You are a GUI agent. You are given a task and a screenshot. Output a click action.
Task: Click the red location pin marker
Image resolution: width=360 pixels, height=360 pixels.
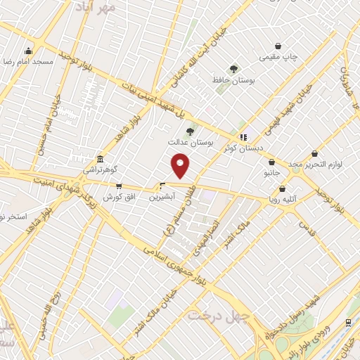point(181,165)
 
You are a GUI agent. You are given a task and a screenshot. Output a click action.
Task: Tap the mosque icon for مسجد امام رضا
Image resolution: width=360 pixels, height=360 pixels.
point(27,51)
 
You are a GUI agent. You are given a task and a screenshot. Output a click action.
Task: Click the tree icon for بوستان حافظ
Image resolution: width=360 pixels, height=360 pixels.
point(233,69)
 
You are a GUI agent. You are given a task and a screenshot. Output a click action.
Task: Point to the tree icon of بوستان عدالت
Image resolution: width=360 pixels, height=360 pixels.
point(189,131)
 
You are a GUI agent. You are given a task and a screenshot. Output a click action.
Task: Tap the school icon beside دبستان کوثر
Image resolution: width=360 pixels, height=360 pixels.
point(243,138)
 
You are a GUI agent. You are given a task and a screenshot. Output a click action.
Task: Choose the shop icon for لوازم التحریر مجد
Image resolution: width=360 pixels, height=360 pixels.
point(314,153)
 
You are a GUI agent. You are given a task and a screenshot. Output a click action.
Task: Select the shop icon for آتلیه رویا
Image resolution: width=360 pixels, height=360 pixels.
point(282,188)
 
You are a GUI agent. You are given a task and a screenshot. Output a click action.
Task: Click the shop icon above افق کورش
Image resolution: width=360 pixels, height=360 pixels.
point(118,186)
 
